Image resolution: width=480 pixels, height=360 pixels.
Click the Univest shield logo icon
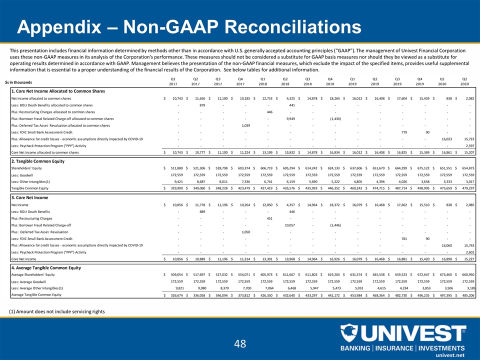[x=349, y=333]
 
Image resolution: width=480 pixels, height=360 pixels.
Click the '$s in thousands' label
[x=19, y=81]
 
